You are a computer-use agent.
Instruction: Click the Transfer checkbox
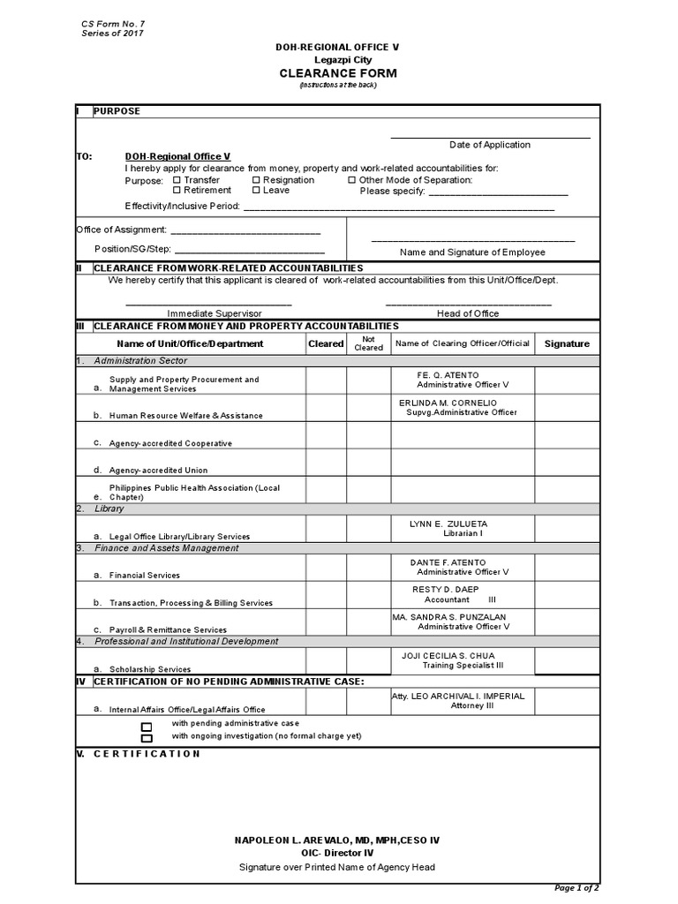[177, 180]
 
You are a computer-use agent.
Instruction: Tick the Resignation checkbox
[256, 180]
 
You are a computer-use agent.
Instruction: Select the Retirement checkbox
[177, 190]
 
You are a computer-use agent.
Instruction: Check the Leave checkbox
[256, 190]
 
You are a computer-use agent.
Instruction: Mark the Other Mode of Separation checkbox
[351, 180]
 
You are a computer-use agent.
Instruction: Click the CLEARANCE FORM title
[338, 73]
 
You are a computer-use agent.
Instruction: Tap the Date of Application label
[490, 145]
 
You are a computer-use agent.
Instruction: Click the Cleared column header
[326, 343]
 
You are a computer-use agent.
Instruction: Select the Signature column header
[567, 343]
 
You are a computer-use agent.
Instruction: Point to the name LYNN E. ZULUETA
[448, 524]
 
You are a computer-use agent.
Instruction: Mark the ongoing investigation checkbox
[147, 738]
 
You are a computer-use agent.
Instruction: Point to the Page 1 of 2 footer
[576, 887]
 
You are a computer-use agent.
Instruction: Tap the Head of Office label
[468, 313]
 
